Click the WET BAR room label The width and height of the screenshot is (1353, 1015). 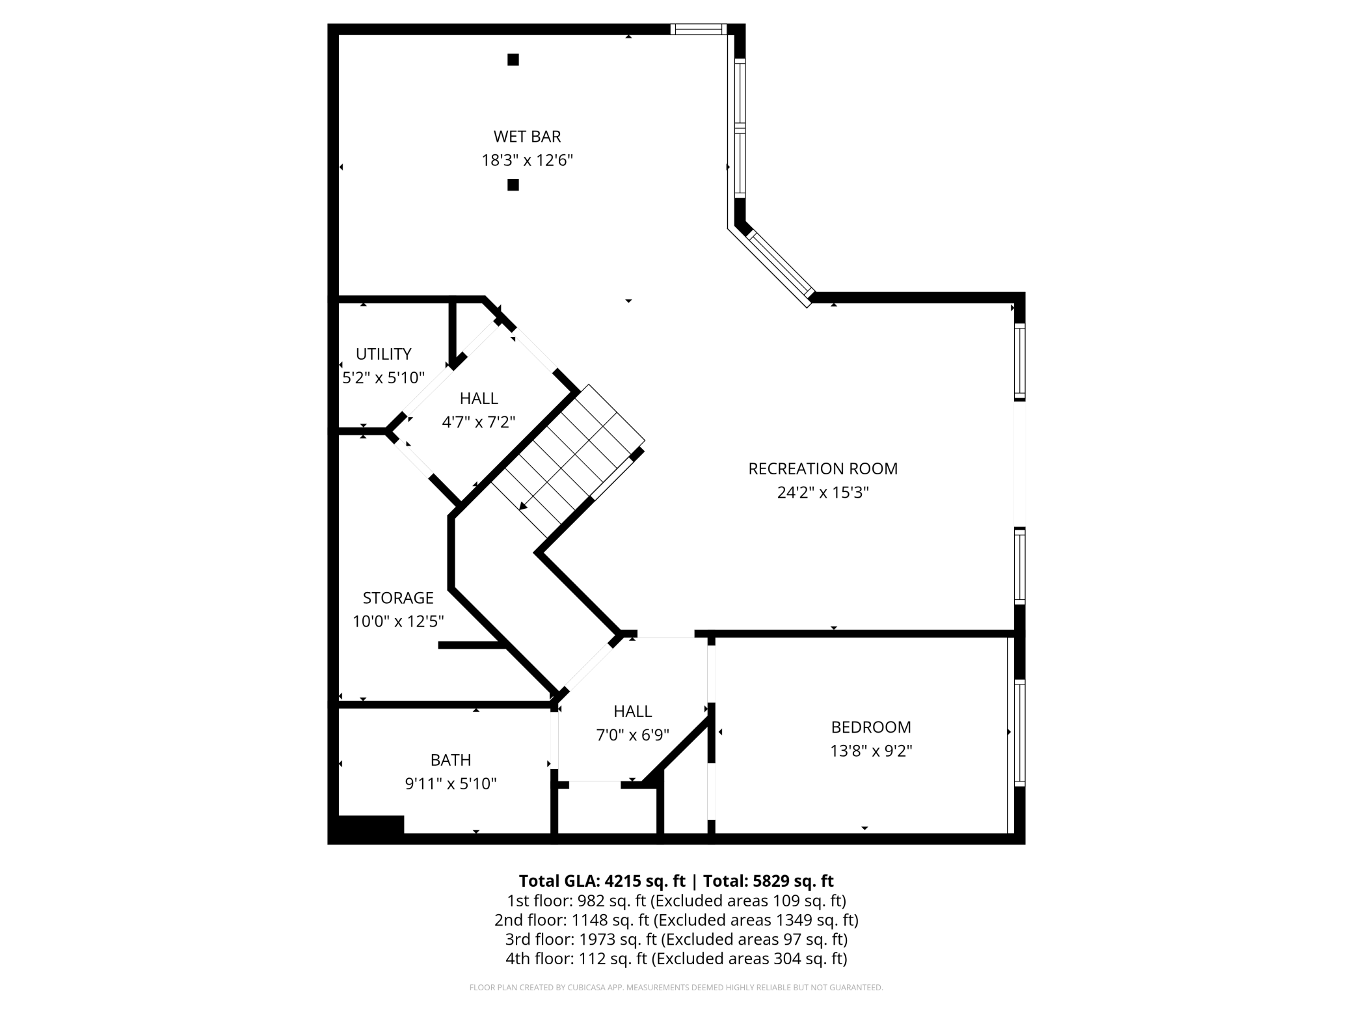pos(527,137)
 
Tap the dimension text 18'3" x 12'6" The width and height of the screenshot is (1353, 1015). pos(527,160)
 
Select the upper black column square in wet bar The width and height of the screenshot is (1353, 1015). pos(513,60)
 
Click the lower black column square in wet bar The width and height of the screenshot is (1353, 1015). pos(513,185)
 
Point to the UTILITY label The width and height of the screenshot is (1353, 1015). pos(384,354)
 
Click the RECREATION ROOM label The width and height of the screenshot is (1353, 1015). pos(823,468)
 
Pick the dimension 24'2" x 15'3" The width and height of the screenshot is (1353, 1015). pos(823,493)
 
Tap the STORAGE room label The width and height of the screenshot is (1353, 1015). pos(398,598)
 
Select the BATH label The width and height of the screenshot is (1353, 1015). pos(451,760)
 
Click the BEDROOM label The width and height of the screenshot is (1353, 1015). pos(871,727)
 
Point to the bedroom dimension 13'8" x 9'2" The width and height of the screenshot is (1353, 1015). pos(871,751)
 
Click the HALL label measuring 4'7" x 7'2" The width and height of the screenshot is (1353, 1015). pos(479,398)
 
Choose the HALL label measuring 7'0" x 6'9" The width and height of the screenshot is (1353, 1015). pos(632,711)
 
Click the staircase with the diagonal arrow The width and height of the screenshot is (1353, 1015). pos(567,461)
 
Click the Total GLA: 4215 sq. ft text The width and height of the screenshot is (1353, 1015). pos(602,881)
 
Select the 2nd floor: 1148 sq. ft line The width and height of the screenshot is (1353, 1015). pos(676,920)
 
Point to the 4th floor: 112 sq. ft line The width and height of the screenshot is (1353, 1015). pos(676,958)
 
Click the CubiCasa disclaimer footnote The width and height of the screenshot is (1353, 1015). pos(676,988)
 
